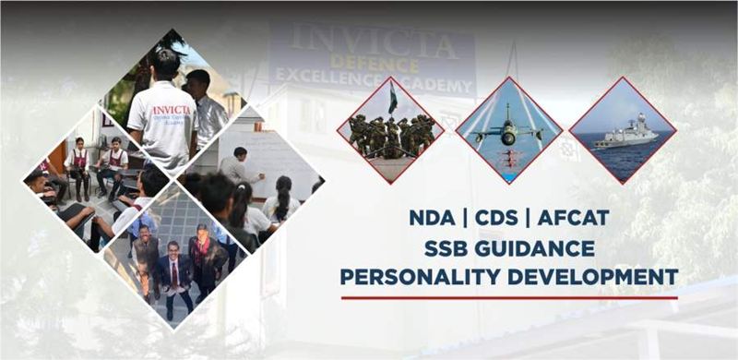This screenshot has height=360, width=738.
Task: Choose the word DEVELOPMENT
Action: pos(603,276)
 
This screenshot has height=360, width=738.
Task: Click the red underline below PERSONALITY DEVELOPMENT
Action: pos(509,297)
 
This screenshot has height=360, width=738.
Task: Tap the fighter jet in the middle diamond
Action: pos(509,131)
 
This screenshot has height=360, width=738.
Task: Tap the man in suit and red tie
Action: pos(173,271)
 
